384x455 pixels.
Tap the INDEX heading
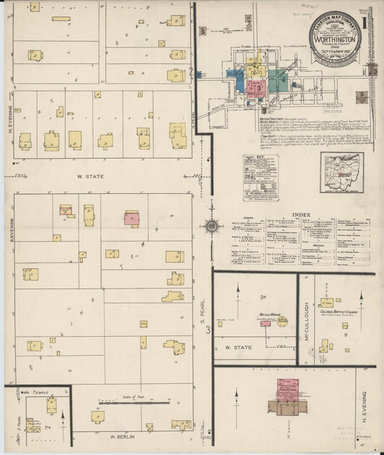[299, 214]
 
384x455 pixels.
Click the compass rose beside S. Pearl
[212, 226]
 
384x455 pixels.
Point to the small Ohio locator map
[341, 173]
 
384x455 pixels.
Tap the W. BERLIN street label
[123, 436]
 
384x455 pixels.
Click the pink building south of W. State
[131, 218]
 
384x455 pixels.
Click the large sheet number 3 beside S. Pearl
[208, 330]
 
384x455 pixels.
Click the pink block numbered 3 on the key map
[255, 88]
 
